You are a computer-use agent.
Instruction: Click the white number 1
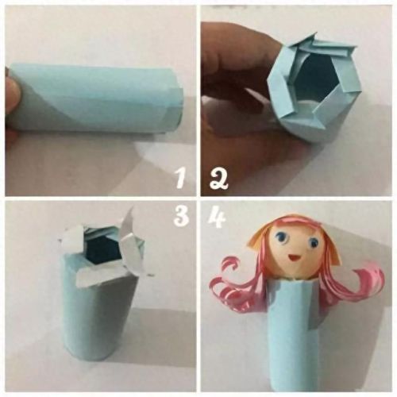coord(180,178)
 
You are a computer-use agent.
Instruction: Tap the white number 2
coord(218,179)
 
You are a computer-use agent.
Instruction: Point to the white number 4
coord(217,218)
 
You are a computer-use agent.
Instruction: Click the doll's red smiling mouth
coord(291,257)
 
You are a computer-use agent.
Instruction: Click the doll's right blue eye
coord(314,242)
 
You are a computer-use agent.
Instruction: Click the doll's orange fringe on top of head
coord(294,228)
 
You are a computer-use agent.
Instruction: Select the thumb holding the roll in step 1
coord(12,94)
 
